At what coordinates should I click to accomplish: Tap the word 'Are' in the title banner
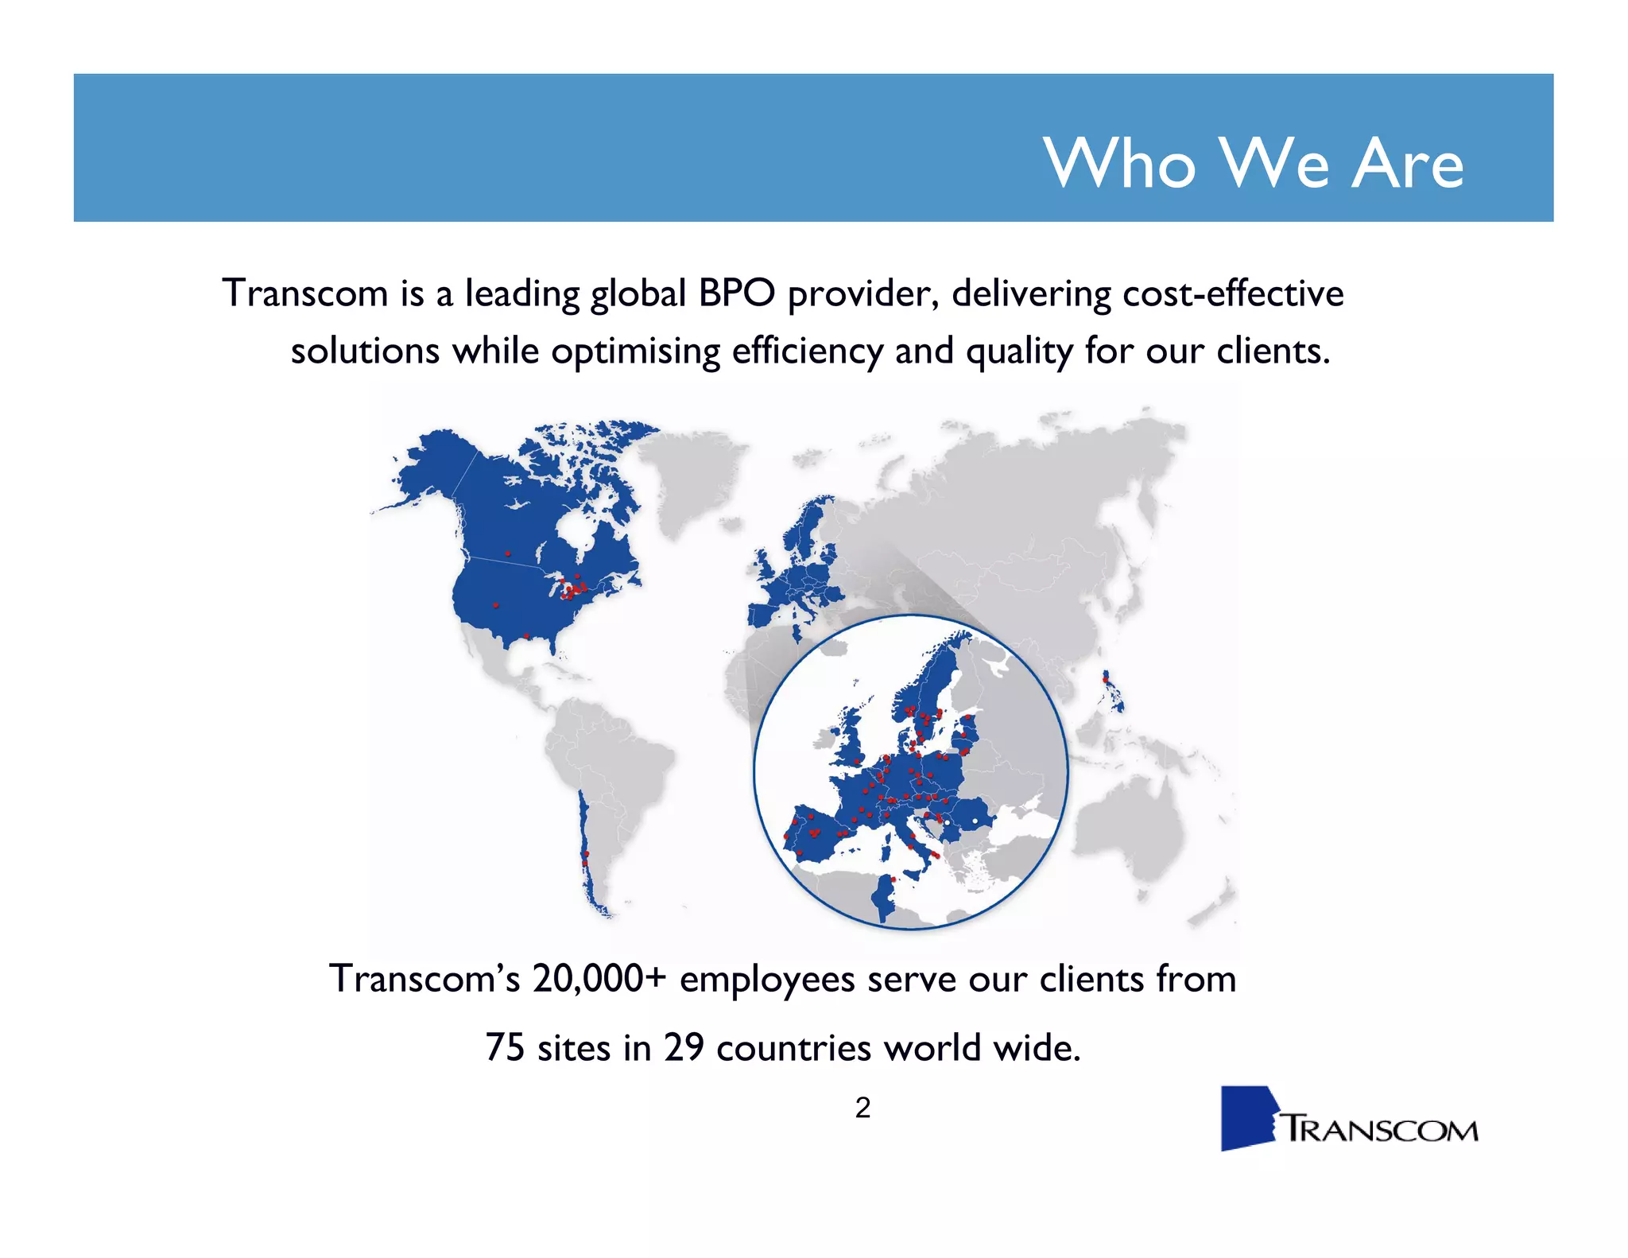point(1407,163)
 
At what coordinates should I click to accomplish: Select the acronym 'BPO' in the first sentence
point(736,293)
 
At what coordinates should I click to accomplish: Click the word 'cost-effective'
point(1232,293)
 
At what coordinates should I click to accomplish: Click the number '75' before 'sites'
point(505,1047)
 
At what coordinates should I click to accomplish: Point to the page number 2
point(862,1108)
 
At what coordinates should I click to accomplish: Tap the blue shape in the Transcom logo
point(1246,1118)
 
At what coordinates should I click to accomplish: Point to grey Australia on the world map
point(1129,827)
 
